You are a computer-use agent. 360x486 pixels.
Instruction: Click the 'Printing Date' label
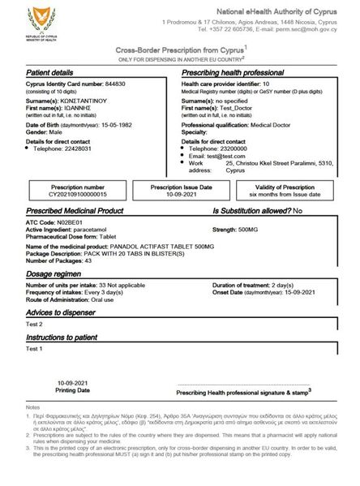click(73, 389)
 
